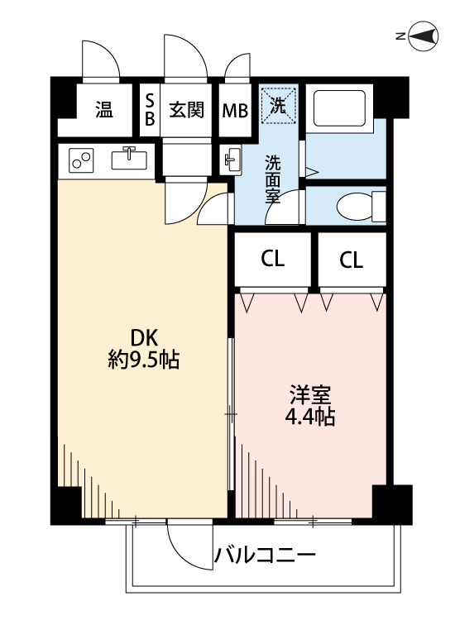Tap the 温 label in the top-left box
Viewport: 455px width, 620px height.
pyautogui.click(x=103, y=110)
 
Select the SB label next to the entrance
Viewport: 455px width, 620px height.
pyautogui.click(x=150, y=109)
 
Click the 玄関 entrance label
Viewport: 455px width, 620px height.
pyautogui.click(x=187, y=110)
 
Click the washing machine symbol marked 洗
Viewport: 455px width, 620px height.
pyautogui.click(x=279, y=105)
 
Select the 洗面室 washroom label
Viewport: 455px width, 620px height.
pyautogui.click(x=272, y=179)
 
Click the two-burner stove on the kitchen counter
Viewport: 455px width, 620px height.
pyautogui.click(x=81, y=160)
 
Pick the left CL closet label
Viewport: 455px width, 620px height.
pyautogui.click(x=273, y=260)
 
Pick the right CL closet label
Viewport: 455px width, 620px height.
pyautogui.click(x=351, y=260)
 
